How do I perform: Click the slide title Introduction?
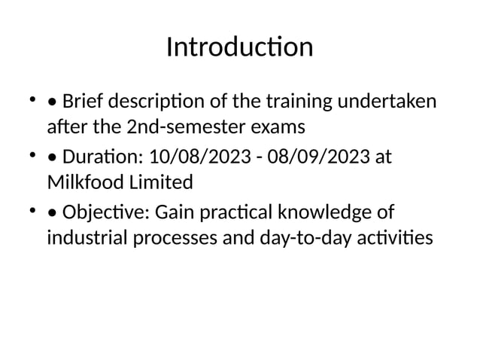[x=239, y=47]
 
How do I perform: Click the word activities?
[x=396, y=239]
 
